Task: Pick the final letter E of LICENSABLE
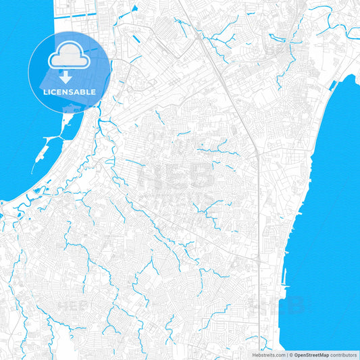(94, 92)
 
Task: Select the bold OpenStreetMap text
(311, 355)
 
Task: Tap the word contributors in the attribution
(343, 355)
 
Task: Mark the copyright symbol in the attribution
(290, 355)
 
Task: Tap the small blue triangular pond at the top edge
(134, 8)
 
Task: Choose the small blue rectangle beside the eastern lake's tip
(352, 82)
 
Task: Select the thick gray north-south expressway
(230, 95)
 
